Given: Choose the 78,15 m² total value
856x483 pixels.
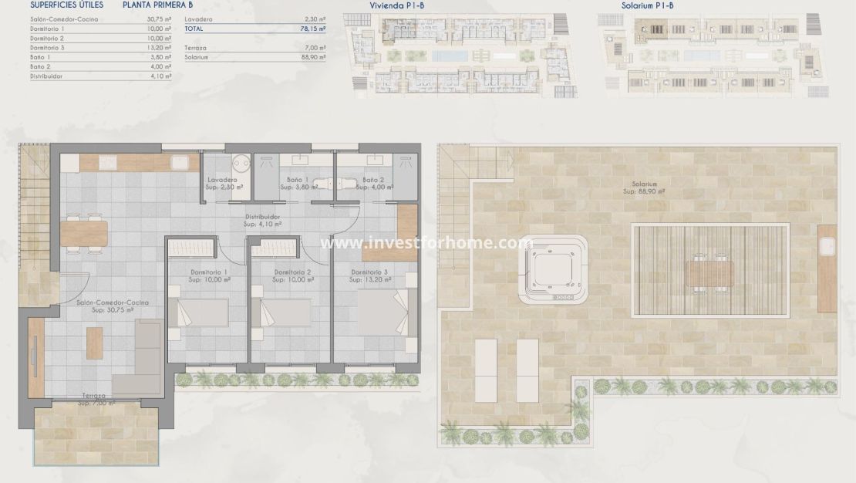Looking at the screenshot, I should coord(312,28).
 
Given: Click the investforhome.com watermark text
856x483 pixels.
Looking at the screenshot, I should coord(426,243).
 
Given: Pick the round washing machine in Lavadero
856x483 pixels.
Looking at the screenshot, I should coord(241,163).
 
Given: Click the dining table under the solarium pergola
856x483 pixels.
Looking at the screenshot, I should coord(709,273).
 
